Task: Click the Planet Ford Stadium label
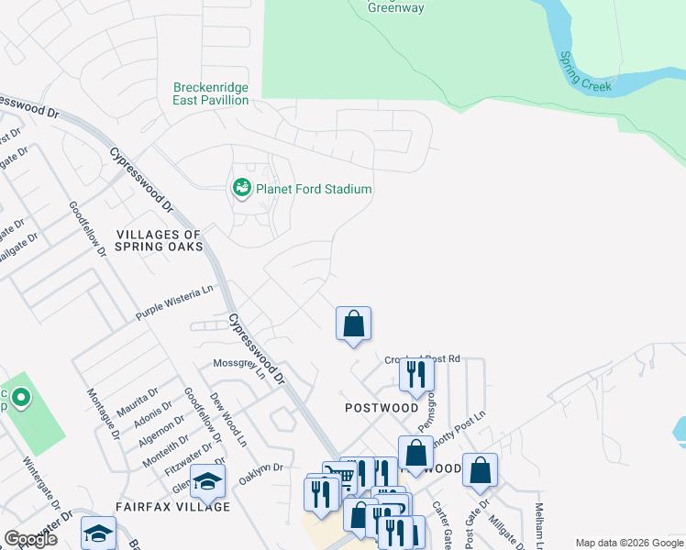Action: click(x=314, y=189)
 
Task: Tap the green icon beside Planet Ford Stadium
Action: click(x=241, y=189)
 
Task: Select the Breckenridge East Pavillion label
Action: click(x=211, y=93)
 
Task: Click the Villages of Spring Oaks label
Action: click(x=159, y=240)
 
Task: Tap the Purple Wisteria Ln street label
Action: click(x=174, y=302)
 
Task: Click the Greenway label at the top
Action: click(x=396, y=7)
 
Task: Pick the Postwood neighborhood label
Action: click(x=382, y=407)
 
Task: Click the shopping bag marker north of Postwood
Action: click(x=353, y=324)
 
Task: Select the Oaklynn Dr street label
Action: click(x=261, y=474)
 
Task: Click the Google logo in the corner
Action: click(x=30, y=539)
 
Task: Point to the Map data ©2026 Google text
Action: click(x=629, y=543)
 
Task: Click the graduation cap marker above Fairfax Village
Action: click(x=208, y=480)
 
